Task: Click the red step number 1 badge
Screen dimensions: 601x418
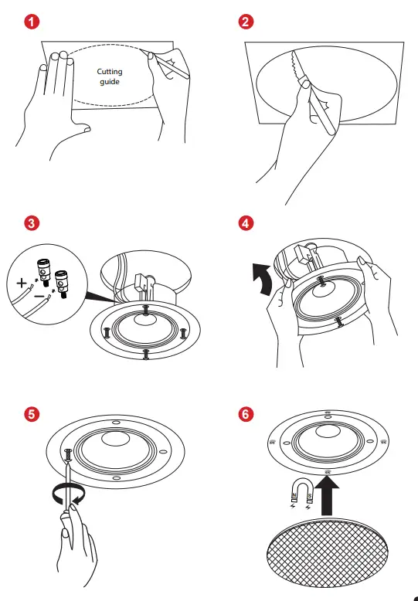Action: click(x=30, y=22)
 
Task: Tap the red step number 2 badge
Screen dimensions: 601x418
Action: click(x=246, y=22)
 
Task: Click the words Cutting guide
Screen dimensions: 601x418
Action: click(x=109, y=76)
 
